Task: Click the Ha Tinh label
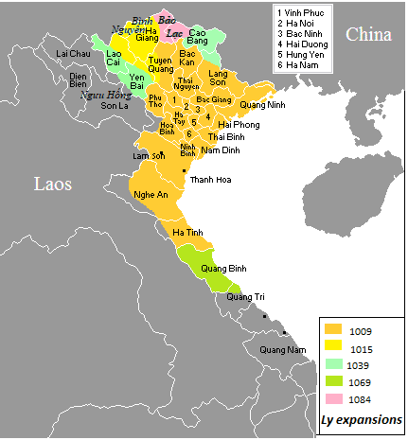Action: pos(188,232)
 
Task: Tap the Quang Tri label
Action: pos(245,297)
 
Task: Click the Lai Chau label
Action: pos(72,54)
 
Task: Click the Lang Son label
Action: pos(219,77)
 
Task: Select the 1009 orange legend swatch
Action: pos(333,331)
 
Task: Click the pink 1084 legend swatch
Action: pos(333,399)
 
